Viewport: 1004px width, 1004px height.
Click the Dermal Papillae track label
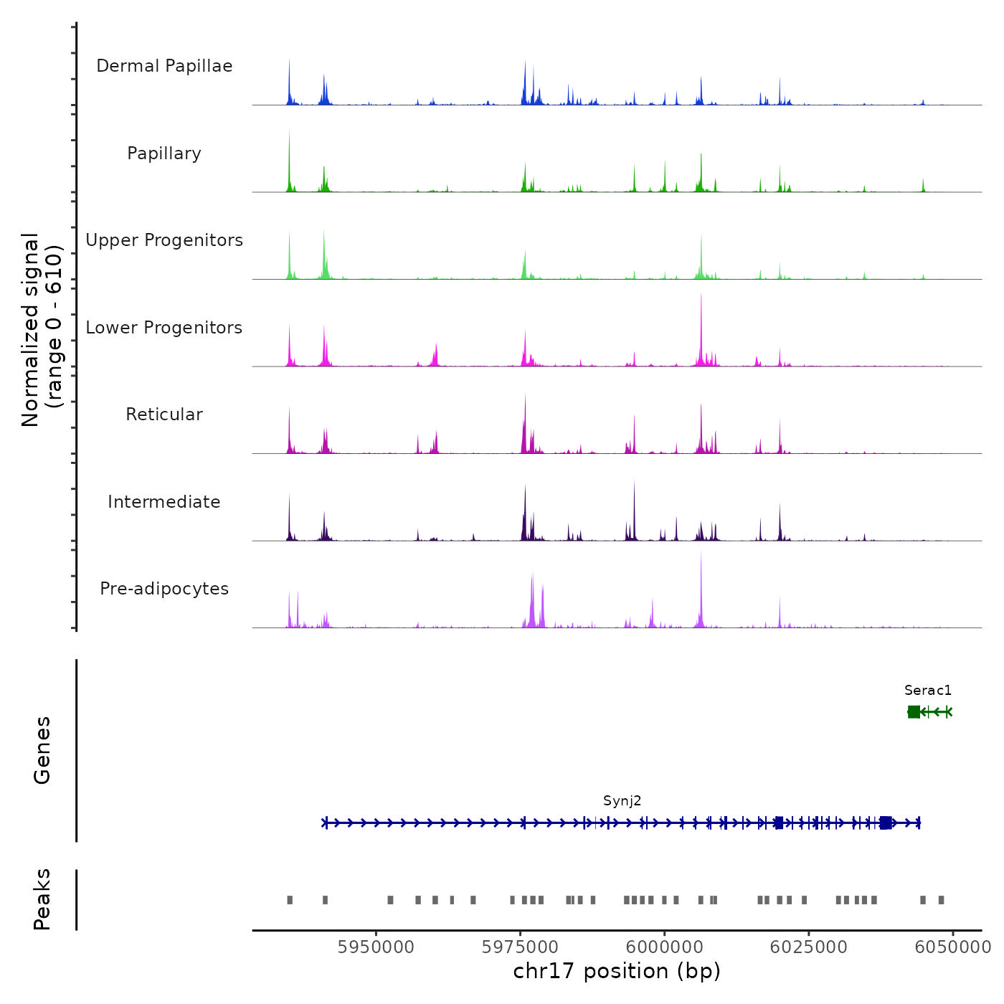tap(164, 66)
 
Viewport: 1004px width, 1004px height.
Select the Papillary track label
tap(164, 153)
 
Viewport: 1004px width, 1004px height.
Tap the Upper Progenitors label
tap(164, 240)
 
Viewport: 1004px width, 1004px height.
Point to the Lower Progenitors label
tap(164, 328)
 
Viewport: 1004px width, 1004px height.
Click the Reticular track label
tap(164, 415)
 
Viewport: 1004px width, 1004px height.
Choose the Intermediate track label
tap(164, 502)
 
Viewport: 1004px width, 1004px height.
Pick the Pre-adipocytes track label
tap(164, 589)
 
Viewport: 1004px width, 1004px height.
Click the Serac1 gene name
tap(928, 691)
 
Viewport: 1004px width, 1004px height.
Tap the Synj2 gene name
tap(622, 801)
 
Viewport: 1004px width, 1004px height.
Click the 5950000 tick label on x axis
tap(376, 947)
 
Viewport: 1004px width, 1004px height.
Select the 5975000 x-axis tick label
tap(520, 947)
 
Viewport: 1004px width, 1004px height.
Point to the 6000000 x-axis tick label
tap(664, 947)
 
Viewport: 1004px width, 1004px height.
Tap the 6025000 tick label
tap(808, 947)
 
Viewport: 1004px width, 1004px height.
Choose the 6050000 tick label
tap(952, 947)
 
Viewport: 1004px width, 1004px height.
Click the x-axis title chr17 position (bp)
tap(617, 971)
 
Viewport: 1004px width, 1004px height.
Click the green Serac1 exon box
tap(914, 711)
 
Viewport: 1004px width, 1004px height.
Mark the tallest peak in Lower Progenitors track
tap(701, 295)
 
